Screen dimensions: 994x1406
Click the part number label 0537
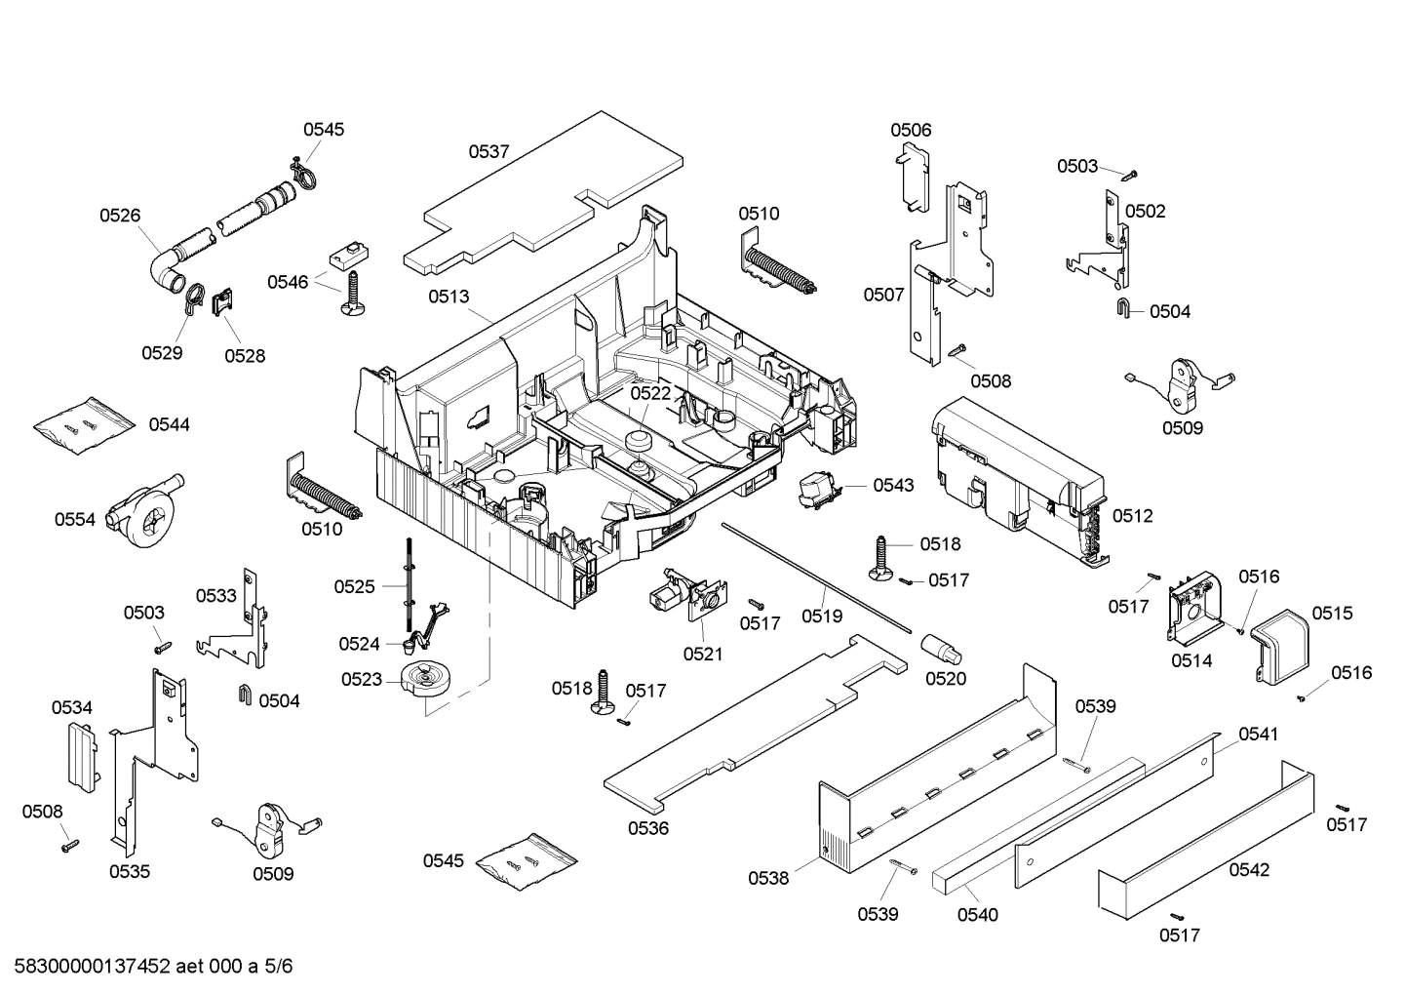(x=488, y=151)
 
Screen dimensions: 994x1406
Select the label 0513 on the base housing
(x=448, y=297)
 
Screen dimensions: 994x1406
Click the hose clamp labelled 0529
(x=191, y=298)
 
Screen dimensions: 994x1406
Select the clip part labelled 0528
(x=223, y=301)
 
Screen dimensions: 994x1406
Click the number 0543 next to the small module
(x=893, y=485)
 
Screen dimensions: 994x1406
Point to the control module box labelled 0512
(x=1014, y=468)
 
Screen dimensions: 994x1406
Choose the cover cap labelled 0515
(x=1281, y=645)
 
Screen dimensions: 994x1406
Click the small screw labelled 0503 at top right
(x=1131, y=176)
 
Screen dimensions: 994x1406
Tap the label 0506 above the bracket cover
(x=911, y=130)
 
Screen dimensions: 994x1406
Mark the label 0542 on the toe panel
(x=1249, y=869)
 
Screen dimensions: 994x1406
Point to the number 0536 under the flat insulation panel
(x=648, y=828)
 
